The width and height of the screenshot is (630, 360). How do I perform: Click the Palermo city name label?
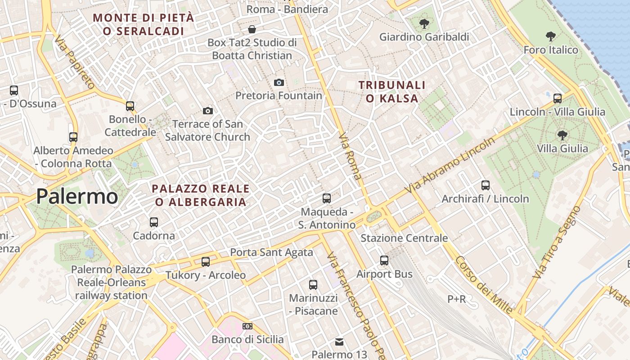pos(77,197)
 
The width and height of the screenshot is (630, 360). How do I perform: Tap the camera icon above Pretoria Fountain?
pos(279,82)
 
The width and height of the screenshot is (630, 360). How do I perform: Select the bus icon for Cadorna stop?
pos(154,222)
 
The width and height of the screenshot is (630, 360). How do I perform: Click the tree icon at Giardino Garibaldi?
pos(424,23)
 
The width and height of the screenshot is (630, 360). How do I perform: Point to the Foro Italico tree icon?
pos(550,36)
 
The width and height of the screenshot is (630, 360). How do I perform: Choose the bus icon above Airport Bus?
pos(384,260)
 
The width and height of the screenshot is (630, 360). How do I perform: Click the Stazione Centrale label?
pos(404,238)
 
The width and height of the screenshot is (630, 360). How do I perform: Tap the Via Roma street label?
pos(351,156)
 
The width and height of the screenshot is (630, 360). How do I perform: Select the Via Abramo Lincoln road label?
pos(450,165)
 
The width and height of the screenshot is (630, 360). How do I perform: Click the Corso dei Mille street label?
pos(484,285)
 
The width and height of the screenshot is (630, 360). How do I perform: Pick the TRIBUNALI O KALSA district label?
pos(392,91)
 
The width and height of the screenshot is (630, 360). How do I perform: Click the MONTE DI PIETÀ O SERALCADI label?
pos(144,24)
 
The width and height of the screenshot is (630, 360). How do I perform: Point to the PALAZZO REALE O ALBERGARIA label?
pos(201,195)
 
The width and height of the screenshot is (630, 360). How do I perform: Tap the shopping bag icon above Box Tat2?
pos(252,29)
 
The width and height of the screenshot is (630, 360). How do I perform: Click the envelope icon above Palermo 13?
pos(339,342)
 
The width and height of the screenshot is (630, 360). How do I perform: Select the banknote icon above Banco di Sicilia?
pos(247,326)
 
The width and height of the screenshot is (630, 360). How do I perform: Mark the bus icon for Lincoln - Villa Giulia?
pos(558,98)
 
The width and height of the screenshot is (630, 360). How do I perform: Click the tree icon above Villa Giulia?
pos(562,135)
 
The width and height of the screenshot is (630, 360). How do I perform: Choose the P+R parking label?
pos(456,299)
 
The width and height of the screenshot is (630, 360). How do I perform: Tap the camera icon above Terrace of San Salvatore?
pos(207,111)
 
